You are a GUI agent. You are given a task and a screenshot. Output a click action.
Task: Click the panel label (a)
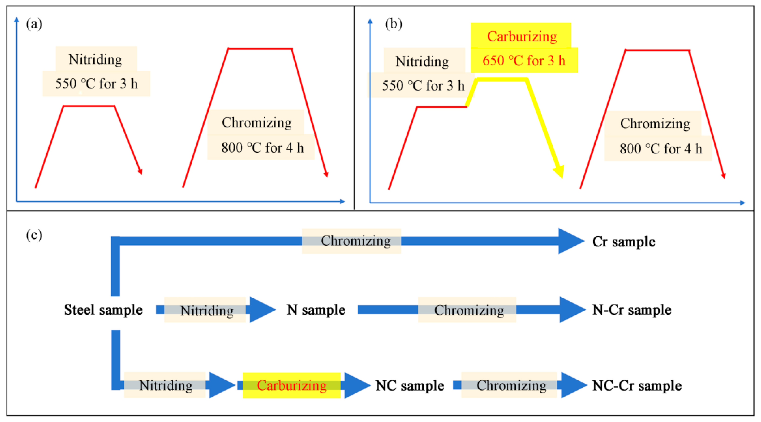click(34, 24)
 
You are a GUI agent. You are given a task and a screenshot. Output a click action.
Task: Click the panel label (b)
click(394, 24)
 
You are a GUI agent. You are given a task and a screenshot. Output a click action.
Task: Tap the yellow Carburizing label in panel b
click(522, 36)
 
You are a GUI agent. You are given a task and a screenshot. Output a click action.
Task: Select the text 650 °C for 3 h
click(524, 61)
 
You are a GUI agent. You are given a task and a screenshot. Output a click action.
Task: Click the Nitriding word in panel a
click(95, 59)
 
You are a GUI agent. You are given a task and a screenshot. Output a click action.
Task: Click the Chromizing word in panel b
click(655, 123)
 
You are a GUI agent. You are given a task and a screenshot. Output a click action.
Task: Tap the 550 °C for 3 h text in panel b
click(423, 86)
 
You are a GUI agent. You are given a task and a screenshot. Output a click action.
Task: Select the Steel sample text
click(103, 310)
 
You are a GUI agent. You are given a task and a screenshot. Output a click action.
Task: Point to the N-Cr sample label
click(632, 310)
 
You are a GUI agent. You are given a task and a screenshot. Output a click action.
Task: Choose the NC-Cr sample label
click(637, 385)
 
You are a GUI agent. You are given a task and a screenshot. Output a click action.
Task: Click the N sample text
click(315, 310)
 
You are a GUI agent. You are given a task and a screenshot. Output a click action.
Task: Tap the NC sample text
click(409, 385)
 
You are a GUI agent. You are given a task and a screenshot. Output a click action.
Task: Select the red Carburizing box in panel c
click(292, 385)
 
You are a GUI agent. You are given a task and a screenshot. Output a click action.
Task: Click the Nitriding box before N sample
click(207, 310)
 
